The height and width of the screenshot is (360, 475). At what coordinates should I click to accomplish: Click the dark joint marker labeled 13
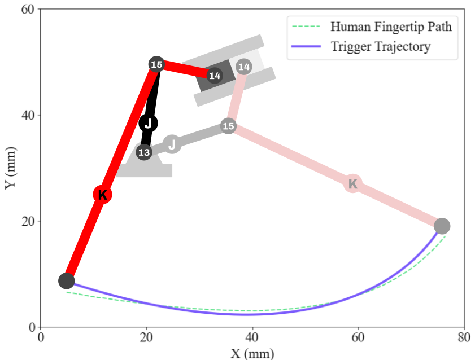pyautogui.click(x=144, y=152)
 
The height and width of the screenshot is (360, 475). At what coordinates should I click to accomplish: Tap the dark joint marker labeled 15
pyautogui.click(x=156, y=64)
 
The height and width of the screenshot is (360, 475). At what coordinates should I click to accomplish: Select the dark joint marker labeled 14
pyautogui.click(x=215, y=75)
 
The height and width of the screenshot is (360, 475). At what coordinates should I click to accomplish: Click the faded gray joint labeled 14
pyautogui.click(x=244, y=67)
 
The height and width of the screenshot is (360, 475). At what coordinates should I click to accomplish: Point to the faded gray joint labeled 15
pyautogui.click(x=228, y=126)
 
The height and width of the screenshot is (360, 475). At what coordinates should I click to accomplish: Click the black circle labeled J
pyautogui.click(x=148, y=123)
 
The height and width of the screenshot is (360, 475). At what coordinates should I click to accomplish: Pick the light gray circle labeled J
pyautogui.click(x=172, y=144)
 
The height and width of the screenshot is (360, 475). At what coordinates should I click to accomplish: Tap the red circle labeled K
pyautogui.click(x=102, y=195)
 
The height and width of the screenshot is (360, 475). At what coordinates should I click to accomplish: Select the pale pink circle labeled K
pyautogui.click(x=352, y=183)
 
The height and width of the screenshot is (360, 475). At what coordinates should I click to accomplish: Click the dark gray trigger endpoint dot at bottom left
pyautogui.click(x=66, y=281)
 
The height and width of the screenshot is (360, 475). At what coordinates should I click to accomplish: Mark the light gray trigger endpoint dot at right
pyautogui.click(x=442, y=226)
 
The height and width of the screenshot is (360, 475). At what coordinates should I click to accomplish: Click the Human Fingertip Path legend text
pyautogui.click(x=391, y=27)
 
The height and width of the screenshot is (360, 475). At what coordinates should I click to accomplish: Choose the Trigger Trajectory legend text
pyautogui.click(x=381, y=47)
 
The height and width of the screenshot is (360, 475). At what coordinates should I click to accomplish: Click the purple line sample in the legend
pyautogui.click(x=306, y=46)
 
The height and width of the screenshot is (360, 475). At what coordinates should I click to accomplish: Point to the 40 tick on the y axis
pyautogui.click(x=28, y=115)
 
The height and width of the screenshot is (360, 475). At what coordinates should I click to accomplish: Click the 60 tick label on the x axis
pyautogui.click(x=358, y=337)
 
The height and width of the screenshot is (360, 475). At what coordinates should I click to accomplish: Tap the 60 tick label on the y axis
pyautogui.click(x=28, y=10)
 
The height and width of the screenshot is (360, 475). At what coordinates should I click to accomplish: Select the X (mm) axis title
pyautogui.click(x=252, y=353)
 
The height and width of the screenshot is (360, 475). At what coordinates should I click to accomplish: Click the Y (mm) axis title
pyautogui.click(x=10, y=168)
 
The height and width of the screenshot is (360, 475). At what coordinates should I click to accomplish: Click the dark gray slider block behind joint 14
pyautogui.click(x=215, y=76)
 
